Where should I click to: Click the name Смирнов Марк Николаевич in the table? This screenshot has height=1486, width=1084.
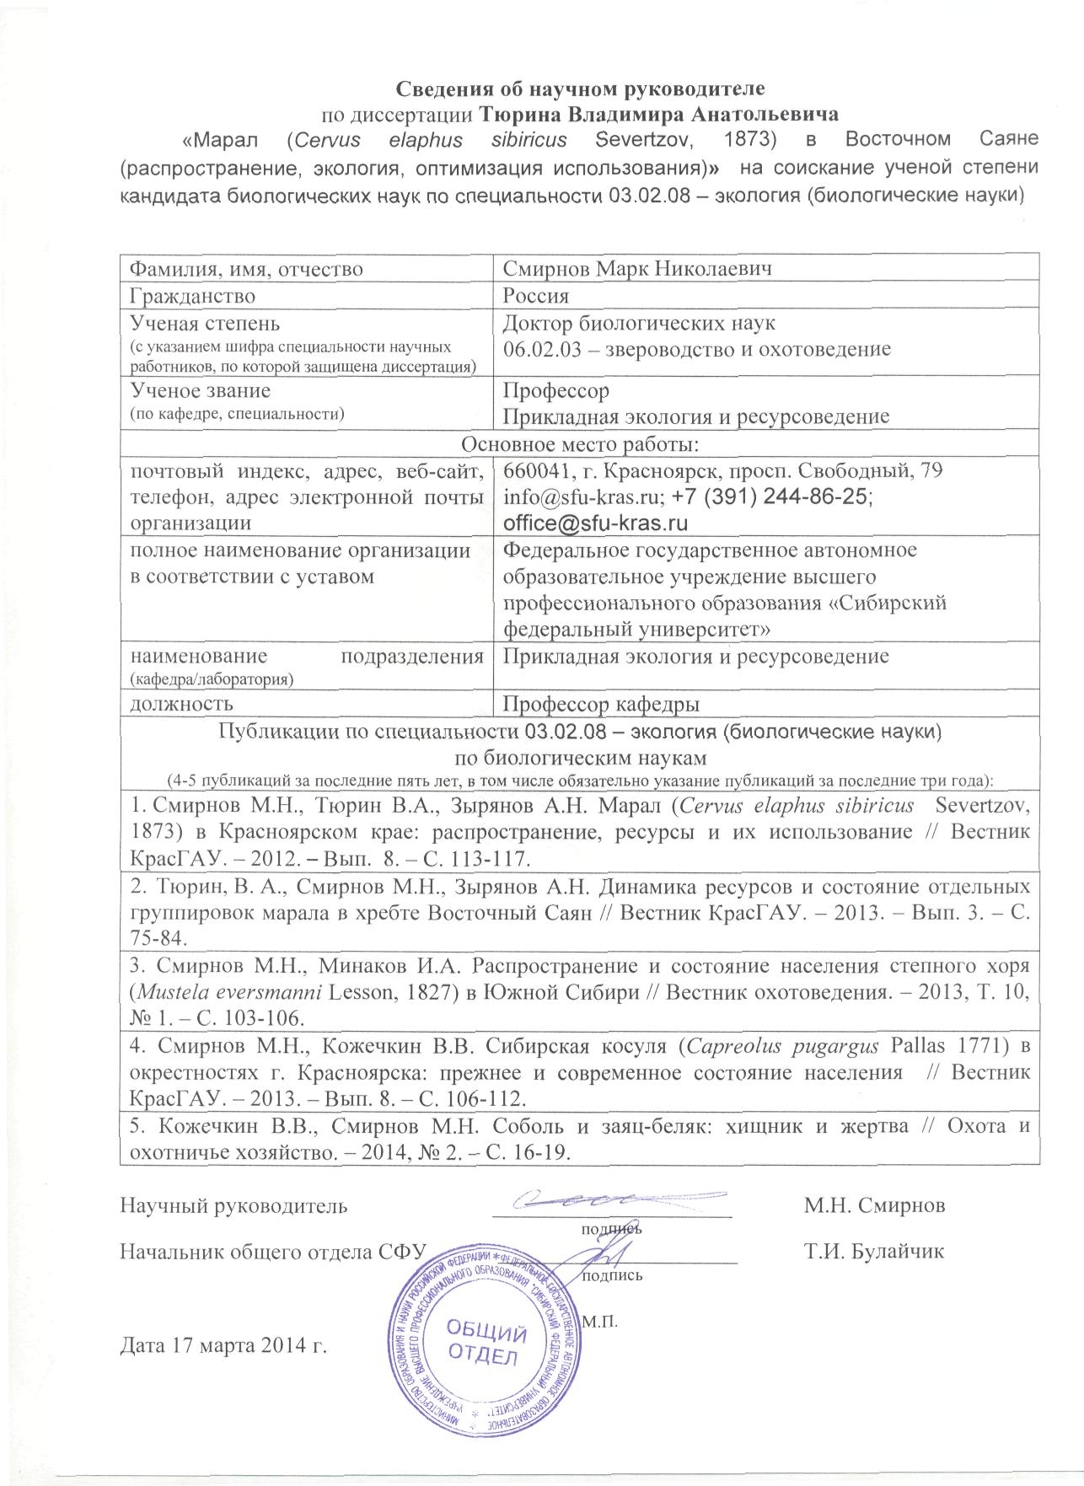tap(638, 270)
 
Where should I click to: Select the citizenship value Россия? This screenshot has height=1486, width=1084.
tap(535, 296)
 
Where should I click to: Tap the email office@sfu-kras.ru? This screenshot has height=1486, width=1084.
tap(595, 523)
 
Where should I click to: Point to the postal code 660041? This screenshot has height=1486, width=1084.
tap(532, 471)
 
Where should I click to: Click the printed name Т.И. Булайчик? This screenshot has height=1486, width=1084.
tap(875, 1251)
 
